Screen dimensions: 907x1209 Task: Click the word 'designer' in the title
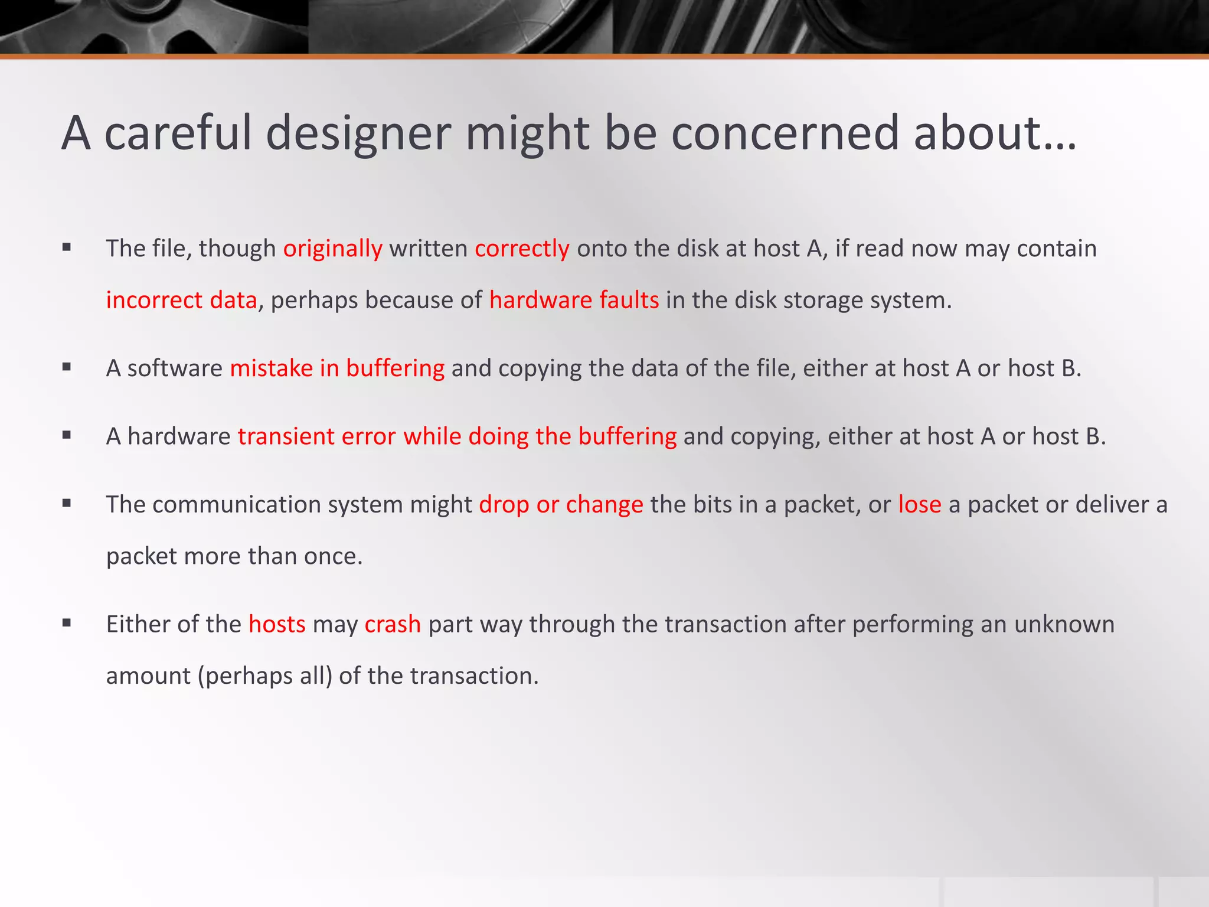tap(359, 133)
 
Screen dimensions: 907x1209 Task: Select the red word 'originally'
tap(333, 249)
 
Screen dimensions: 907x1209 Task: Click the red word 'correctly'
tap(522, 249)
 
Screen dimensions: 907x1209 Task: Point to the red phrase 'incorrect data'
tap(182, 300)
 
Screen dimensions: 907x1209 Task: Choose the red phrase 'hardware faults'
tap(574, 300)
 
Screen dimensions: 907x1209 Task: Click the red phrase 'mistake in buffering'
tap(337, 368)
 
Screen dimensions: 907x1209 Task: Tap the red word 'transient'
tap(286, 436)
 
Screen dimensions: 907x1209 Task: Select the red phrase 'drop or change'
tap(561, 505)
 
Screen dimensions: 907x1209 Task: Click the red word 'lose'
tap(919, 505)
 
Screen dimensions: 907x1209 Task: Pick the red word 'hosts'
tap(277, 624)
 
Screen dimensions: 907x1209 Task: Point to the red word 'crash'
tap(393, 624)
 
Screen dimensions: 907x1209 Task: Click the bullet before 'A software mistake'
tap(67, 367)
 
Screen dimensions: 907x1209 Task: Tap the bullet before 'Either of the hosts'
tap(67, 623)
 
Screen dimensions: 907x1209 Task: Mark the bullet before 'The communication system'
tap(67, 504)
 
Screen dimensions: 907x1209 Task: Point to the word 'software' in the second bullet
tap(175, 368)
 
